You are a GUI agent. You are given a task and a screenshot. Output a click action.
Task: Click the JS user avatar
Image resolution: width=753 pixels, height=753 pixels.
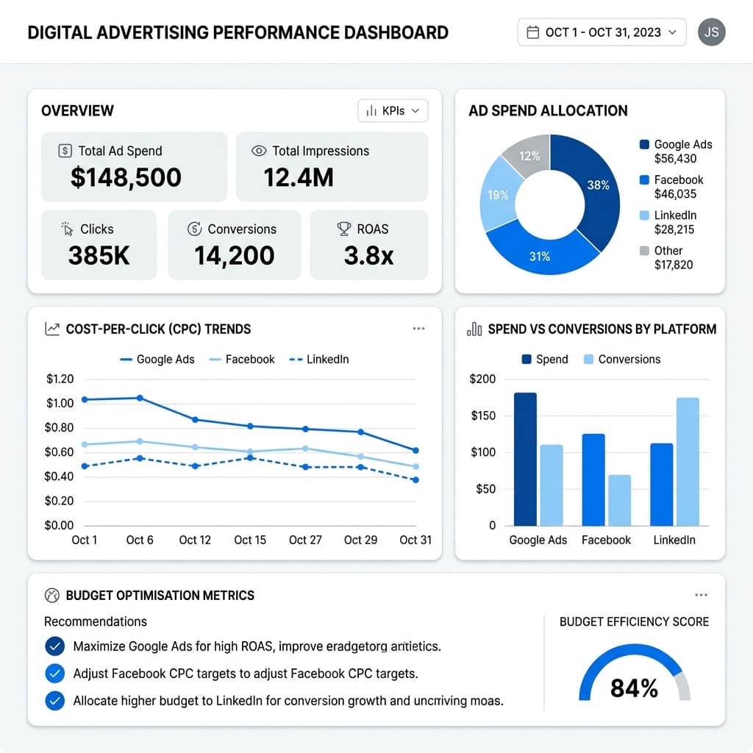click(x=711, y=32)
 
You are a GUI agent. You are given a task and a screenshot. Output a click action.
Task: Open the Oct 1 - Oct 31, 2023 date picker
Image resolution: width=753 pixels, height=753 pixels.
click(x=602, y=32)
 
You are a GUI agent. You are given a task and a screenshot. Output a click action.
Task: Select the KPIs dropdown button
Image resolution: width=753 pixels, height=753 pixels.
click(x=393, y=111)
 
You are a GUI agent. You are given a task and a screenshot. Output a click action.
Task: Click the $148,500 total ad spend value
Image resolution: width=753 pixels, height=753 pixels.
click(x=126, y=177)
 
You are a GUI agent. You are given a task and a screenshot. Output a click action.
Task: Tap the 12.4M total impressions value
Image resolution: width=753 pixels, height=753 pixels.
click(x=298, y=177)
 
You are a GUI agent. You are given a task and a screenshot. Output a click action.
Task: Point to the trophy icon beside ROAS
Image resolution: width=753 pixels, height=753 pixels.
click(x=343, y=229)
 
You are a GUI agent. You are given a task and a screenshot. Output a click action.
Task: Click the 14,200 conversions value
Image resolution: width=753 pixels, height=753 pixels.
click(x=234, y=255)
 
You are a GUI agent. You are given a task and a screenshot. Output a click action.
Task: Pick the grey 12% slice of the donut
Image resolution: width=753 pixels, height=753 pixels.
click(x=528, y=155)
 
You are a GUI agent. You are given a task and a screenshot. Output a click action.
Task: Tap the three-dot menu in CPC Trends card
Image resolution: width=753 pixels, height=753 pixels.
click(x=418, y=329)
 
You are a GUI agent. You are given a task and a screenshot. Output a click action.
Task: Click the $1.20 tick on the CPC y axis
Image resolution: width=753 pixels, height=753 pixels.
click(x=60, y=379)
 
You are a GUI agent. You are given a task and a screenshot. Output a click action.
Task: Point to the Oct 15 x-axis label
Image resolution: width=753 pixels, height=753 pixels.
click(x=250, y=540)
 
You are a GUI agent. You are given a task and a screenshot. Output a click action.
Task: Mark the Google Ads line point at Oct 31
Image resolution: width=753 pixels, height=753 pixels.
click(x=415, y=450)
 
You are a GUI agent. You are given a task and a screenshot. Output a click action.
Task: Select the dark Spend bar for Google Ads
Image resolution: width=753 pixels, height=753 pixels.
click(x=525, y=459)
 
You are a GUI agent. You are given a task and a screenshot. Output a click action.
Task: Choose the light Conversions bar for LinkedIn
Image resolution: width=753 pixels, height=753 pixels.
click(x=688, y=462)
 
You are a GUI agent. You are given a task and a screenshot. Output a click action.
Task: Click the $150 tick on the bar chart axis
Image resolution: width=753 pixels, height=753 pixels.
click(x=482, y=415)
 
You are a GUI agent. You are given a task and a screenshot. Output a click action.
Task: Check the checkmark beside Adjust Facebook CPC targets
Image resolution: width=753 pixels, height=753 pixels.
click(x=54, y=673)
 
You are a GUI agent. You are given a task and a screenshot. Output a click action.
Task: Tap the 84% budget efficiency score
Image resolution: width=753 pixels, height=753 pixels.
click(x=634, y=688)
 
